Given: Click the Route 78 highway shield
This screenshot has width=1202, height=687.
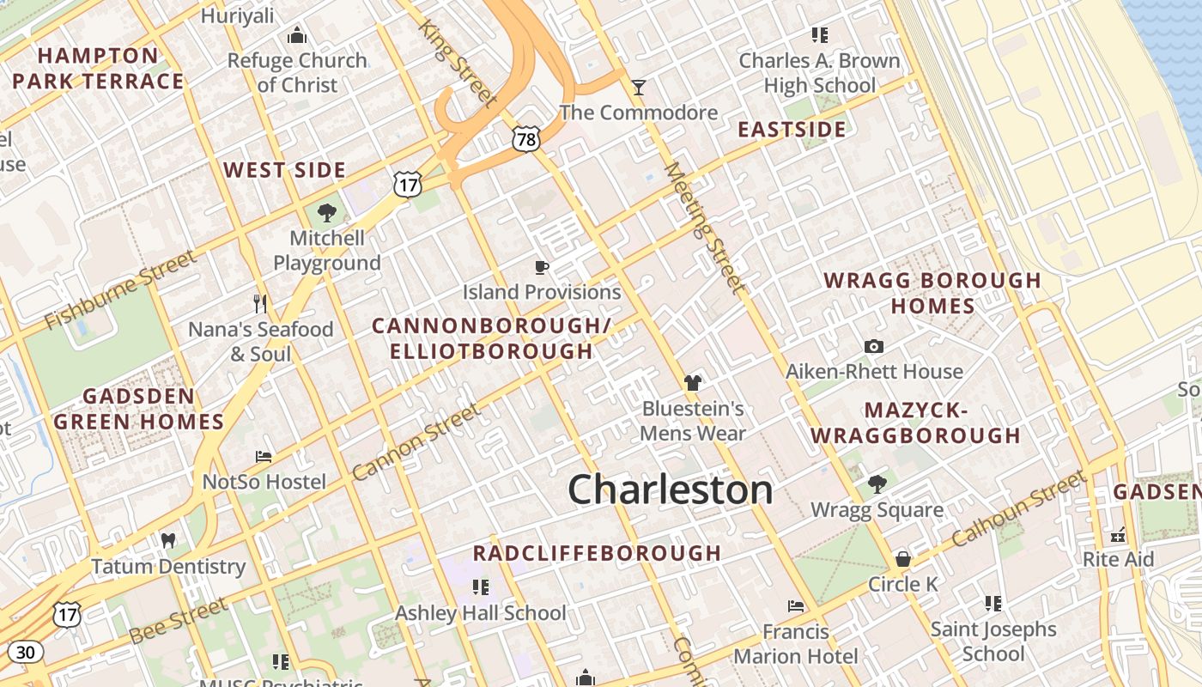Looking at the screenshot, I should tap(525, 138).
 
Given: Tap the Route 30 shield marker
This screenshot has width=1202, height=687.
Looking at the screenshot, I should tap(26, 653).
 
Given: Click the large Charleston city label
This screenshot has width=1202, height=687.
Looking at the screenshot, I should tap(670, 489).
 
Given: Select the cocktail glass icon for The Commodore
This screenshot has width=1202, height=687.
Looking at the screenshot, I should tap(638, 87).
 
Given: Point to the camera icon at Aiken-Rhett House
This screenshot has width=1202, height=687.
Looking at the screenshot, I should tap(874, 346).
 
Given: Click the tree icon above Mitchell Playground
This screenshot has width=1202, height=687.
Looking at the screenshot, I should tap(326, 212).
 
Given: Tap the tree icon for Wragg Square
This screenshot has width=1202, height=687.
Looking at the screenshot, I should tap(877, 484).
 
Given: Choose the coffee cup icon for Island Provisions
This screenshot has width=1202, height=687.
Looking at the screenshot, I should tap(541, 267).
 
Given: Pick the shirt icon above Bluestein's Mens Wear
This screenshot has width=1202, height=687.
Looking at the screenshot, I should tap(692, 383).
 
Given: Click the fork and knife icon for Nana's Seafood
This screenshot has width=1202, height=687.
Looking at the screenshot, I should tap(261, 303).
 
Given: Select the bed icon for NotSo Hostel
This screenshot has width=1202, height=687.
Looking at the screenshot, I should tap(264, 456).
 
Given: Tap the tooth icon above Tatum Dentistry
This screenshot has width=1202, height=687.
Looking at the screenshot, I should tap(168, 541).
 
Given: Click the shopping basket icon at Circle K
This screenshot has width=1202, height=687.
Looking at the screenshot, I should tap(902, 559).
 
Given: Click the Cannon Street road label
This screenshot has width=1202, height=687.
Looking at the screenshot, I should tap(416, 442).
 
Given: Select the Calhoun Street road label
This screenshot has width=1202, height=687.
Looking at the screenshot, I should tap(1018, 508).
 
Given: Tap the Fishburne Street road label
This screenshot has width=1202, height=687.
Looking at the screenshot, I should tap(120, 290).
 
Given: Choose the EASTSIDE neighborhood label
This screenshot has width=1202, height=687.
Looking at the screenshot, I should tap(792, 130).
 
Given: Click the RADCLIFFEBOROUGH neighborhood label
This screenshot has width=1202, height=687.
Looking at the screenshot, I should tap(597, 553).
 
